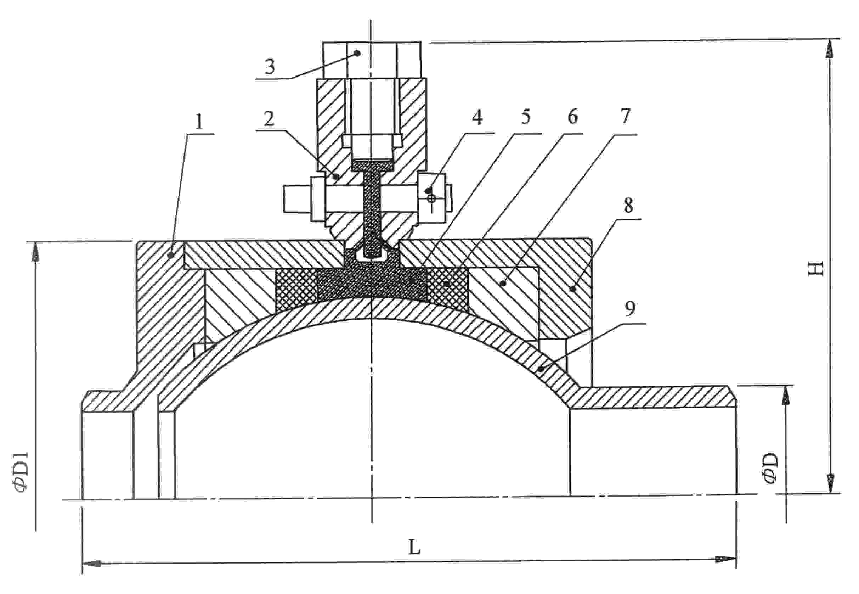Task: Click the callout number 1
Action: point(199,122)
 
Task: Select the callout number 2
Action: point(269,119)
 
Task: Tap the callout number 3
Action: point(270,67)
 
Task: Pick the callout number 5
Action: point(525,117)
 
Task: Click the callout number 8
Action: point(628,206)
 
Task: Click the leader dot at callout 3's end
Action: point(358,53)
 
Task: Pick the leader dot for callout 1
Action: point(171,255)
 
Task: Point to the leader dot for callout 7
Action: point(503,284)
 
